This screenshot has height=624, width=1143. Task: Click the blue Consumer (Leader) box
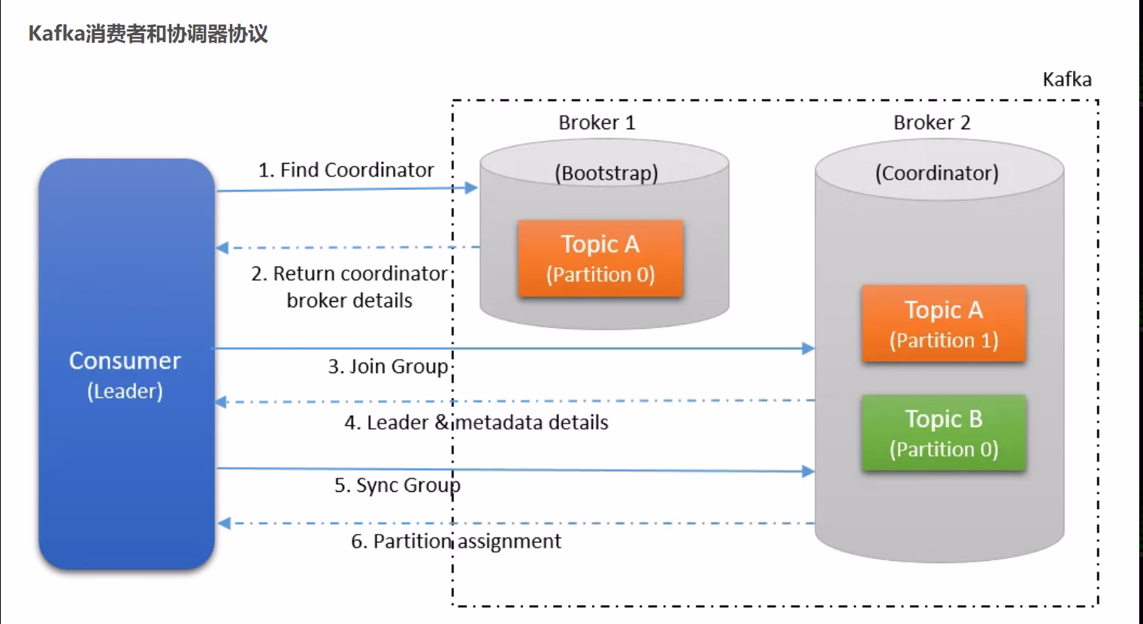click(126, 364)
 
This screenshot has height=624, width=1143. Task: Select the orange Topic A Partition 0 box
click(600, 258)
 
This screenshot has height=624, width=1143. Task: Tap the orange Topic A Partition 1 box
click(944, 324)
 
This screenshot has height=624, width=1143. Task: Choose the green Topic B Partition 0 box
click(944, 433)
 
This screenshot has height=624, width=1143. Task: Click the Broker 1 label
click(597, 122)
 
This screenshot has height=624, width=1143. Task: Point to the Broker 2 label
click(932, 122)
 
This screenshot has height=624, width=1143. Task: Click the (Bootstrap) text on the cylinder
click(606, 173)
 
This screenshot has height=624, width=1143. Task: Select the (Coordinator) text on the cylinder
click(937, 173)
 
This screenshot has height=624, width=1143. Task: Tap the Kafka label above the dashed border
click(1067, 80)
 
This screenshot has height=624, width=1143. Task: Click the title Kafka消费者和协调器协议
click(148, 34)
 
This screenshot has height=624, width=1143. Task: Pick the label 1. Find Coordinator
click(346, 170)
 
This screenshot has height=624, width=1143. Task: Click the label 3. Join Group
click(388, 366)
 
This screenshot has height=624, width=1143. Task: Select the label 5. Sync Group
click(397, 486)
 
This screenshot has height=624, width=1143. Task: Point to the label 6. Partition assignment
click(456, 541)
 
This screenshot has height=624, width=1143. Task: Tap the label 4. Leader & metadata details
click(476, 423)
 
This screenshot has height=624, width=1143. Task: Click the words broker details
click(349, 300)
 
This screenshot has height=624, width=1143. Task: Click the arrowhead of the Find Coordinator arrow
click(472, 188)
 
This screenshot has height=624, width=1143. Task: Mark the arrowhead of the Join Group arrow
click(809, 348)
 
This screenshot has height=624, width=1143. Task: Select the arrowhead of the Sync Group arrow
click(809, 472)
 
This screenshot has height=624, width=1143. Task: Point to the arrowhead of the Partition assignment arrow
click(223, 523)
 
